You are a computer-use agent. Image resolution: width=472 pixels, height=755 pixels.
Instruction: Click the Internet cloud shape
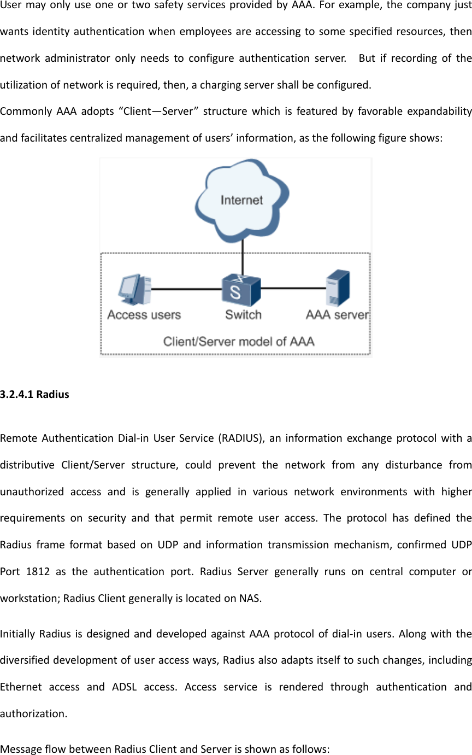click(241, 200)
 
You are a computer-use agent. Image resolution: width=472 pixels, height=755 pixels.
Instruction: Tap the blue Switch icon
click(240, 290)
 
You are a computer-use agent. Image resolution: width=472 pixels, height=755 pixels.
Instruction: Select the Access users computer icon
click(134, 290)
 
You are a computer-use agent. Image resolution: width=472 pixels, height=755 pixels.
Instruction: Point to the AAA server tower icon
click(338, 288)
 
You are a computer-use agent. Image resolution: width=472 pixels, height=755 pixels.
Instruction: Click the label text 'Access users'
click(144, 315)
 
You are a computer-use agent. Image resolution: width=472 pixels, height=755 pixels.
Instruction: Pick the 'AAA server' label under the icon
click(337, 315)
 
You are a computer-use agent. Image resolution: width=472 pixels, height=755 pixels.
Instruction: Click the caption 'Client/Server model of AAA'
click(239, 342)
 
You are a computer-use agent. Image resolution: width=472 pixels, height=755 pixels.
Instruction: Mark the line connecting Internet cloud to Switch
click(243, 260)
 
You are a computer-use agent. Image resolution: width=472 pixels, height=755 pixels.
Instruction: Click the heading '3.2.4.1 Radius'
click(35, 394)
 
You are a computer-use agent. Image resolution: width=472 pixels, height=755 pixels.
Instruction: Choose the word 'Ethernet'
click(21, 687)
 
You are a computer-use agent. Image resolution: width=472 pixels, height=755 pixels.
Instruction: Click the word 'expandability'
click(440, 112)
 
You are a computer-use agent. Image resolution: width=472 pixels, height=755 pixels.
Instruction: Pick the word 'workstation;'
click(31, 598)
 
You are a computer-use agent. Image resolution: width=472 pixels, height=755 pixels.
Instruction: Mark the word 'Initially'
click(17, 634)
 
